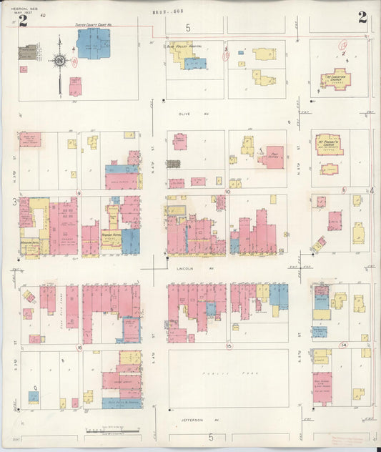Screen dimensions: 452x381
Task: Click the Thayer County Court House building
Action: pos(93,44)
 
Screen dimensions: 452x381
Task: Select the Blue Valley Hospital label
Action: pos(184,46)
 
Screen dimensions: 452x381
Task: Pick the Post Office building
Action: pos(271,157)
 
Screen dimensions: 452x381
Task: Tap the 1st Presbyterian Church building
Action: pos(328,144)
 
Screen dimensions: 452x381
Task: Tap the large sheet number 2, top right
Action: pos(362,19)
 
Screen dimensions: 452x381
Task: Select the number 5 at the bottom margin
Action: pos(211,436)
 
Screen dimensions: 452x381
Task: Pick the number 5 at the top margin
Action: pos(189,29)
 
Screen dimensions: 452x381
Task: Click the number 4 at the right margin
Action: pos(372,190)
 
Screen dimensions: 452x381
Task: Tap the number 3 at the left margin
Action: pos(14,203)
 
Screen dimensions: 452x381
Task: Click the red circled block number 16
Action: pos(79,348)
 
